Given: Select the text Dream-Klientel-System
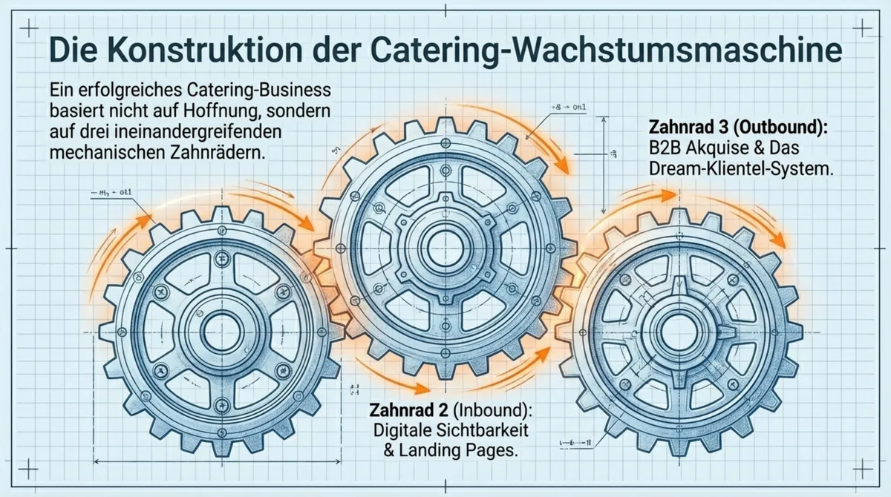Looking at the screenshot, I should tap(739, 169).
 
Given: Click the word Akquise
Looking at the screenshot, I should tap(722, 148).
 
